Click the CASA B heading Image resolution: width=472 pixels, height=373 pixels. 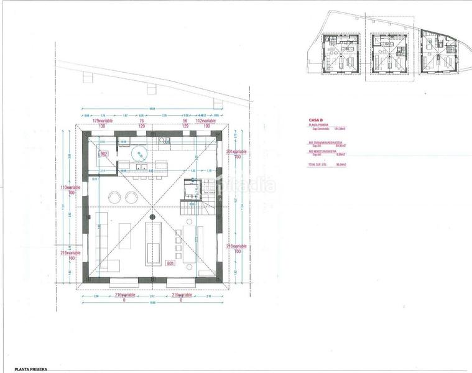[315, 120]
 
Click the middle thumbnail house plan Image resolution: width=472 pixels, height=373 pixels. [388, 54]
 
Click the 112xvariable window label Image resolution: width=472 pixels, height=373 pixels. [205, 122]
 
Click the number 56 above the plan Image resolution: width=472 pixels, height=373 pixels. [185, 122]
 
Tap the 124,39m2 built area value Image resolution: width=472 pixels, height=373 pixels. [340, 129]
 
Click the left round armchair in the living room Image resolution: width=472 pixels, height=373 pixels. [115, 197]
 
